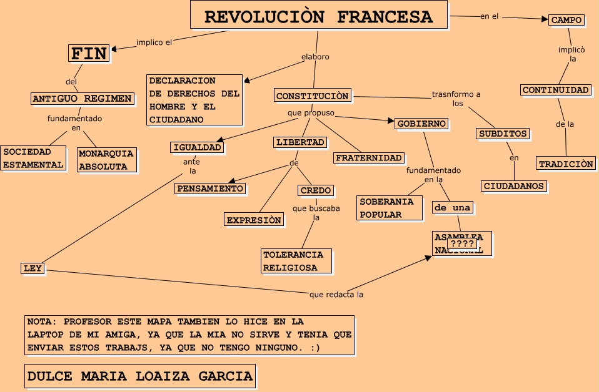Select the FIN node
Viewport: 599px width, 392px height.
point(88,54)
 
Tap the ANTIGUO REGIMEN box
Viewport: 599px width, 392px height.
point(82,99)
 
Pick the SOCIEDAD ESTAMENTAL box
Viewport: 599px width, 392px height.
point(33,159)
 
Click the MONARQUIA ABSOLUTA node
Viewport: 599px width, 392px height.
point(106,160)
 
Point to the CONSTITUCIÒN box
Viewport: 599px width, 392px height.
point(312,96)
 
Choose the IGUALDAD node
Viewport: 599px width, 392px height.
point(196,147)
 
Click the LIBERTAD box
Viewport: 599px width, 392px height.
point(300,142)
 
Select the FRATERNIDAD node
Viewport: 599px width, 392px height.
point(369,157)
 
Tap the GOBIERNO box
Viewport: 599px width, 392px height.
point(421,124)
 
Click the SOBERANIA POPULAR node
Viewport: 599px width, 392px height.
point(386,208)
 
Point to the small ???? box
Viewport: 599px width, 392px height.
point(461,243)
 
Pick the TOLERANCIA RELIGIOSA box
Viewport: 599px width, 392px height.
point(293,261)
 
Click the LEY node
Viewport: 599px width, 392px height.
point(32,268)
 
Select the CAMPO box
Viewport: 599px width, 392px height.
point(566,20)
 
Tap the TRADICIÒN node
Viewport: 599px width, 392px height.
point(565,164)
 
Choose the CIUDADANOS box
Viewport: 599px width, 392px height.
point(514,186)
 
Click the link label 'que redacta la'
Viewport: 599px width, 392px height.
point(336,295)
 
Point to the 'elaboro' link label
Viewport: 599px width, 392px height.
point(315,57)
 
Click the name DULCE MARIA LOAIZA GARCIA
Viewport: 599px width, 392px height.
point(140,376)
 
